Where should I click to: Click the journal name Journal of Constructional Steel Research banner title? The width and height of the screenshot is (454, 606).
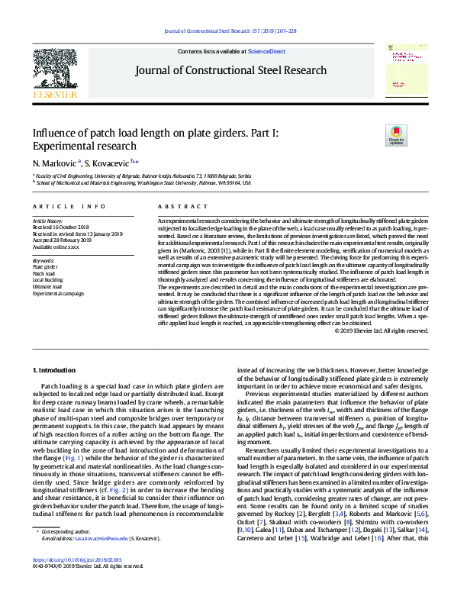coord(230,70)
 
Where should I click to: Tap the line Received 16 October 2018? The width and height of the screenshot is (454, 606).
coord(61,227)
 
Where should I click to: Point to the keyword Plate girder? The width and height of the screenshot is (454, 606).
coord(46,266)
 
